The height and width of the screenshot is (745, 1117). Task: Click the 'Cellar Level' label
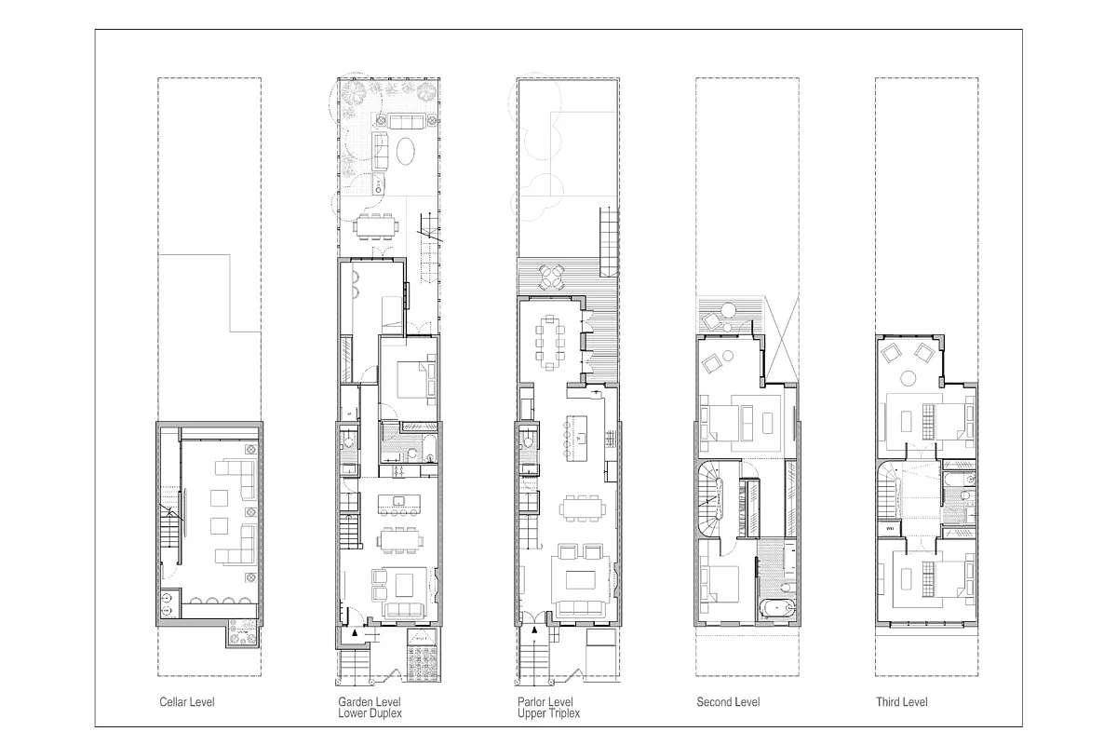pos(187,701)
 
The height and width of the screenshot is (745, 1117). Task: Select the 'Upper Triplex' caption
pos(548,713)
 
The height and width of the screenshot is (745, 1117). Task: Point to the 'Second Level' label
pos(727,701)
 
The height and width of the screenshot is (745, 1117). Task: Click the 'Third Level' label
pos(901,701)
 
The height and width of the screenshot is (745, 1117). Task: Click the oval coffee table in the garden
pos(408,152)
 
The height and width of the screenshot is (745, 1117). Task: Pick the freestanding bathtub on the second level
pos(775,611)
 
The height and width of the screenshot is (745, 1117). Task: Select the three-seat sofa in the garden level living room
pos(402,610)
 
